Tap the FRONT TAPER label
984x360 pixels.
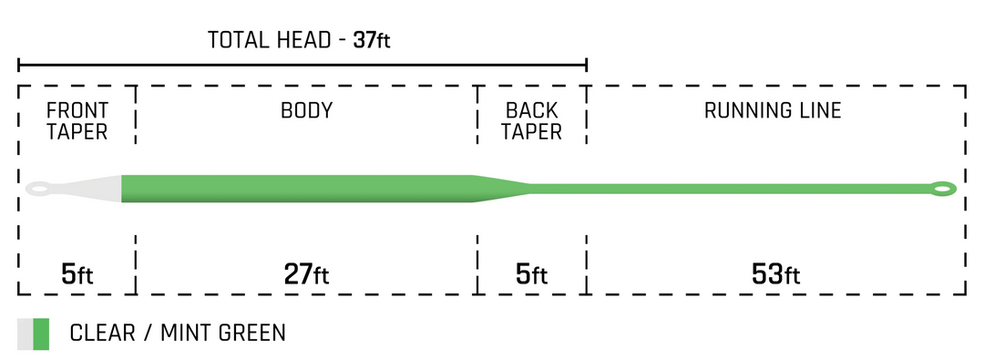[77, 121]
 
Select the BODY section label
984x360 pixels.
[306, 111]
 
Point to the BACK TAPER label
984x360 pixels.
[532, 121]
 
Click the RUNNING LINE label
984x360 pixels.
[773, 111]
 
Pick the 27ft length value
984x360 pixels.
[306, 273]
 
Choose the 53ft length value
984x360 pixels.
[774, 273]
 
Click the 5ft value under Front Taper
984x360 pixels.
[77, 273]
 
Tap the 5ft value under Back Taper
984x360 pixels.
[532, 273]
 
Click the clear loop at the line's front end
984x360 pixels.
[38, 190]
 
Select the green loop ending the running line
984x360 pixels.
[942, 190]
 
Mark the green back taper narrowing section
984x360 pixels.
[501, 189]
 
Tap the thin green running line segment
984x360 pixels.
[729, 189]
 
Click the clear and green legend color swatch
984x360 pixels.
[33, 334]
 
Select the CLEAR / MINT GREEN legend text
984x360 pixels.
[178, 334]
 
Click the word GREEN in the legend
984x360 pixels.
[252, 334]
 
